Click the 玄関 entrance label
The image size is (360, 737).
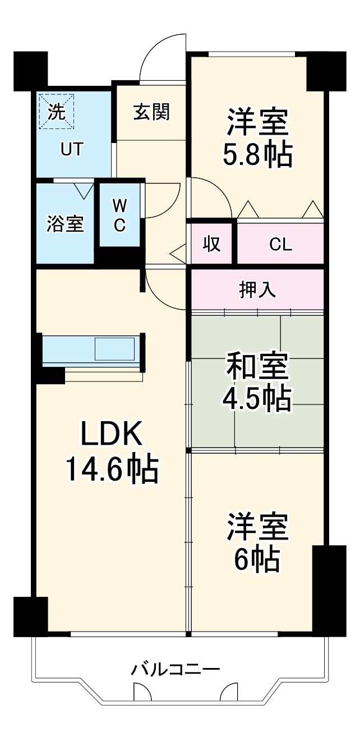(151, 112)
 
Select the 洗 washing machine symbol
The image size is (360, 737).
(56, 110)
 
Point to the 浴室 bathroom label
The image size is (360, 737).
(65, 223)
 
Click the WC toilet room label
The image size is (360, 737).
(119, 216)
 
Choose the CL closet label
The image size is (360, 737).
(280, 245)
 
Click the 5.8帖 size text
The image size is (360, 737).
(258, 155)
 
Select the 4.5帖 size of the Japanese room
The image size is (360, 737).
(257, 398)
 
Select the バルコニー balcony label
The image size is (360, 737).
(176, 669)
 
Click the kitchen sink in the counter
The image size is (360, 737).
(114, 349)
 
